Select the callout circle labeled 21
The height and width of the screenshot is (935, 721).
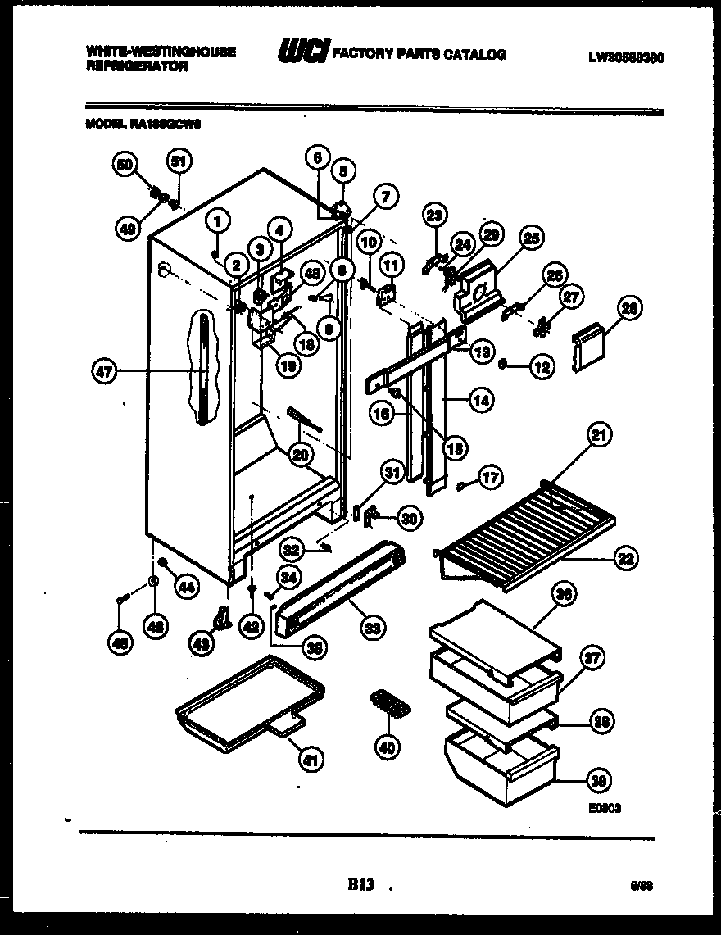(x=600, y=438)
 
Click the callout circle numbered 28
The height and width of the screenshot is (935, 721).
(x=630, y=310)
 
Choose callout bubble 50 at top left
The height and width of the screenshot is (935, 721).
(x=125, y=165)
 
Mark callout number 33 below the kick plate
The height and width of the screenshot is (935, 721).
(x=373, y=629)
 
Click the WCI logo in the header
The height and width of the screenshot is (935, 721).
(x=304, y=53)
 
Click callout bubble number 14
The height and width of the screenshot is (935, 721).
(x=480, y=401)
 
